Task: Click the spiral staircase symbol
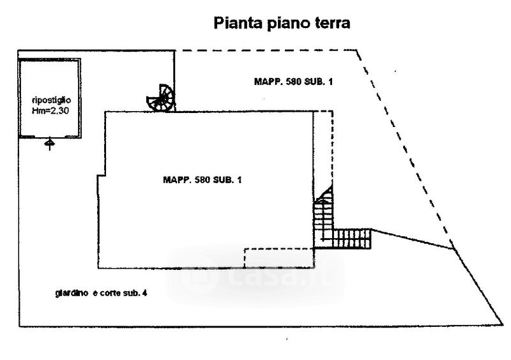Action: [160, 98]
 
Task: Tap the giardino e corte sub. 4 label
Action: [102, 294]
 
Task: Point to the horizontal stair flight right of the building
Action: [352, 238]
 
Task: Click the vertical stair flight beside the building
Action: [323, 220]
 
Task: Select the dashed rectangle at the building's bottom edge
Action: [279, 258]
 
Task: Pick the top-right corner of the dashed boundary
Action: [358, 49]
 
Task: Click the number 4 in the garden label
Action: [146, 294]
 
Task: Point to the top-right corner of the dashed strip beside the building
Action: [333, 112]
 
